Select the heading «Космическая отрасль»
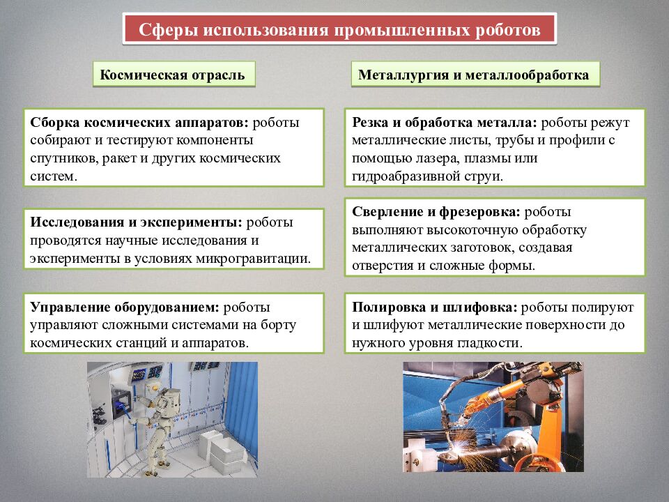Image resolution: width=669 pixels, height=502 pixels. [x=173, y=75]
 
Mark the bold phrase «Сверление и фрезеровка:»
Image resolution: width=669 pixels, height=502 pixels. [x=436, y=212]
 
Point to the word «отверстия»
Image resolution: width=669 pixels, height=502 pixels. [x=382, y=266]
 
